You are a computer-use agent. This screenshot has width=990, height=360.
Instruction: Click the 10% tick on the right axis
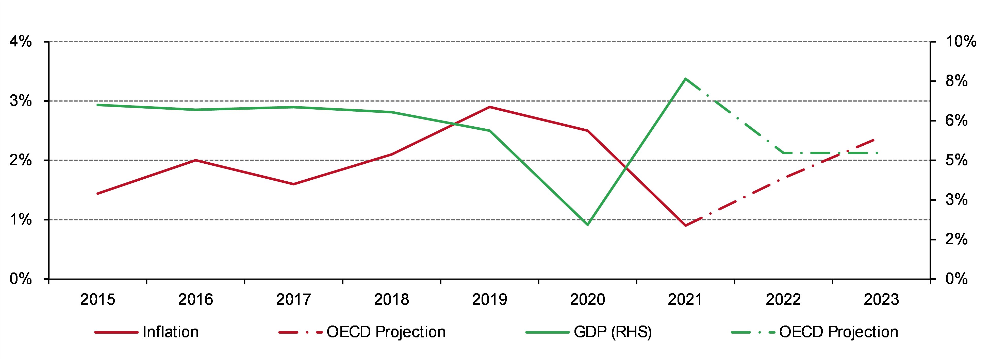(960, 42)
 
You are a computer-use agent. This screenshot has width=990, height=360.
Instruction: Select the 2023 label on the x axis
(881, 300)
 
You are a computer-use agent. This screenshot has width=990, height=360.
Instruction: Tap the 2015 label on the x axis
(98, 300)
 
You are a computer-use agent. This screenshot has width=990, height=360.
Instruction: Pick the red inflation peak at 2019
(490, 107)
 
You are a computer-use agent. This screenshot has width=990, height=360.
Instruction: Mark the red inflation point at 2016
(196, 160)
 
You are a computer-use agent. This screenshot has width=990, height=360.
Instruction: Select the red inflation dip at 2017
(294, 184)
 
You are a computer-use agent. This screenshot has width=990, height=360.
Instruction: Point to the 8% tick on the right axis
(956, 81)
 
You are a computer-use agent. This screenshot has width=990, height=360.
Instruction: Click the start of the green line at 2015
(98, 105)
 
